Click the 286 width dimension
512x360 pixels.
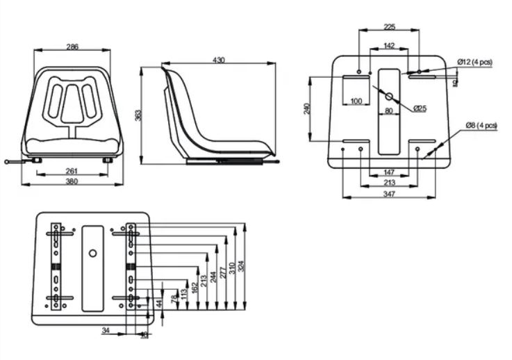[x=72, y=47]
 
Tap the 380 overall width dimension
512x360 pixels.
[x=72, y=182]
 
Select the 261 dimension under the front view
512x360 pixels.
[x=72, y=171]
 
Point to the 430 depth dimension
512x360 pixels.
[x=219, y=61]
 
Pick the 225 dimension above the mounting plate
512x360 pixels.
[x=389, y=27]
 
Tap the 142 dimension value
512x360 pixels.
[x=389, y=45]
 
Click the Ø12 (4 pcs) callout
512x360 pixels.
[x=474, y=63]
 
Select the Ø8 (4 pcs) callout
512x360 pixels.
[x=481, y=125]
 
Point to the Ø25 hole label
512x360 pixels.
[x=419, y=108]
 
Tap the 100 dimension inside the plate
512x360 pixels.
[x=356, y=101]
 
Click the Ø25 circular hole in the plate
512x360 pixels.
[x=389, y=96]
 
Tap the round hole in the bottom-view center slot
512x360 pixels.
[x=92, y=253]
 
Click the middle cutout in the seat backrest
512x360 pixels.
[x=72, y=102]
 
